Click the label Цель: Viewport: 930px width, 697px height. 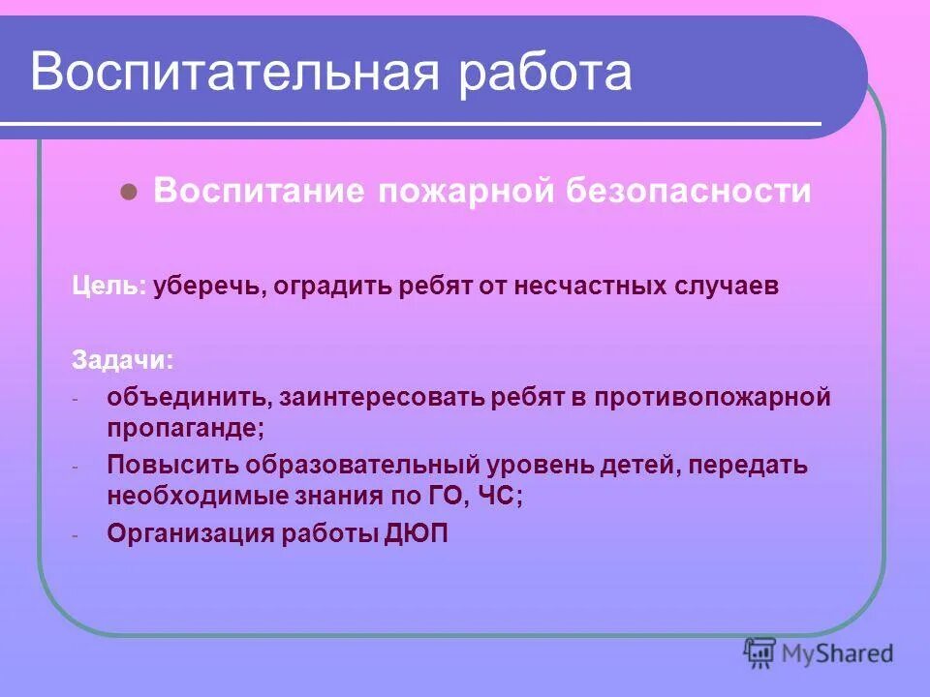(x=109, y=288)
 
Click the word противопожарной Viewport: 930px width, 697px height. (x=712, y=398)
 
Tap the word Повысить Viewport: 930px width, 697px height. (x=172, y=466)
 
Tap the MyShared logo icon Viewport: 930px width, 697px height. (x=760, y=652)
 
